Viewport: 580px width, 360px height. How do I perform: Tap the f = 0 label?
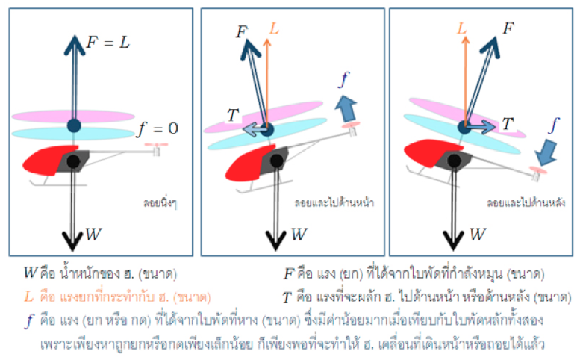pos(158,128)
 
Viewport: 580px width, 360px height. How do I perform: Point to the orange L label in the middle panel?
pos(275,30)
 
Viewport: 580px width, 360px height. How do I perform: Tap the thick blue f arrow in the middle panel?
pos(345,107)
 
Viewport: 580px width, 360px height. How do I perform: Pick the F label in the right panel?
pos(508,28)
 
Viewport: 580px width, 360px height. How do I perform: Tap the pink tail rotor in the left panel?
pos(156,144)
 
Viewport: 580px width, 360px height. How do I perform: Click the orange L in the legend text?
pos(29,295)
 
